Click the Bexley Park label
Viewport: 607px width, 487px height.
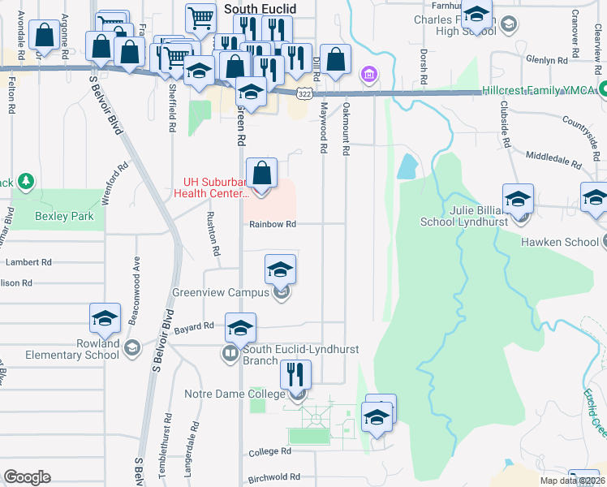tap(64, 217)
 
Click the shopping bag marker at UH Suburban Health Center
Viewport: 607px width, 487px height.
tap(261, 175)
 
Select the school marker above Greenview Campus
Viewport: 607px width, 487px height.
tap(280, 270)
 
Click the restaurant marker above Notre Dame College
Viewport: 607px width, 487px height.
tap(295, 376)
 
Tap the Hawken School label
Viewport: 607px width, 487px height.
tap(560, 242)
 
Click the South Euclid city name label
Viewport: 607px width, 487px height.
tap(260, 9)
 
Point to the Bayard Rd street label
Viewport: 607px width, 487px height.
tap(197, 326)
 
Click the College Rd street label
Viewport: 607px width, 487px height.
tap(270, 451)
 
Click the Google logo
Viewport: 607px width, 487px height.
tap(27, 477)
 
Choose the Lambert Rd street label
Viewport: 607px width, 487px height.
tap(28, 262)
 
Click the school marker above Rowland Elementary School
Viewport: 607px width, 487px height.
tap(105, 319)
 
